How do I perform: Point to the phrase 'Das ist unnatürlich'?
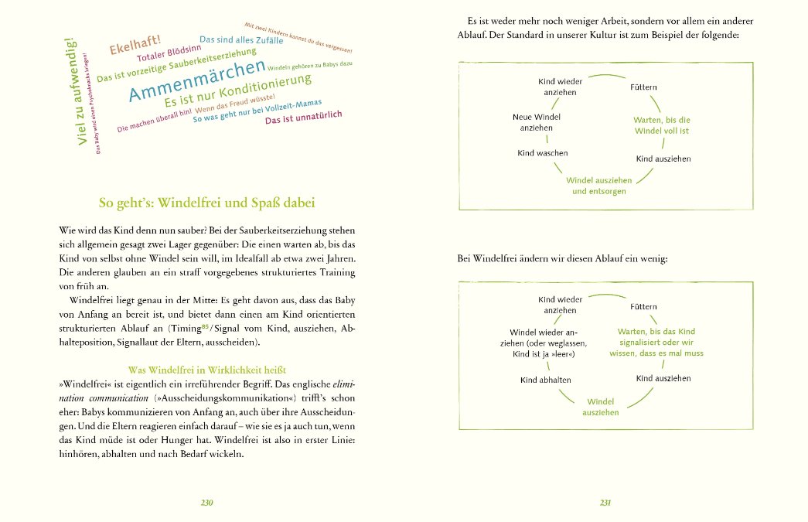click(x=303, y=118)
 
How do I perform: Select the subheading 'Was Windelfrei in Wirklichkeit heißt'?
click(x=206, y=370)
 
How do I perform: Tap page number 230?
click(x=206, y=502)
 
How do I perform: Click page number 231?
click(x=605, y=502)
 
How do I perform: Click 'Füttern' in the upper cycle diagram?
click(x=644, y=87)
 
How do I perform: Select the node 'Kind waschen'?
click(x=542, y=153)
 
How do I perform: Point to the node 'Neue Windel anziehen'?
click(x=537, y=122)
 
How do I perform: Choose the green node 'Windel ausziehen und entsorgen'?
click(x=599, y=186)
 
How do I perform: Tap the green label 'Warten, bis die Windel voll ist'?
click(x=661, y=126)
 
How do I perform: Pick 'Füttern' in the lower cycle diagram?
click(x=644, y=307)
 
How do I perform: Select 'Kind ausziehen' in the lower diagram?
click(x=663, y=379)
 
